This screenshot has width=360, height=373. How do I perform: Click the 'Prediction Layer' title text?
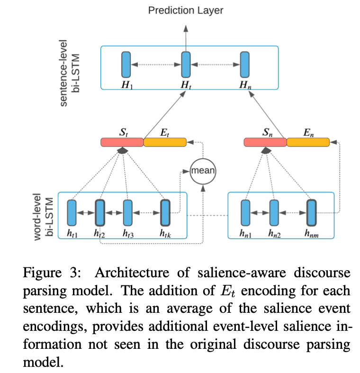tap(186, 10)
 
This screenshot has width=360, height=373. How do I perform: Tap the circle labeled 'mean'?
tap(203, 171)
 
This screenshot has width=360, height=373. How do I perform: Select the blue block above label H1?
tap(126, 64)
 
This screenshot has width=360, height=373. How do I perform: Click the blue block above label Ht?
tap(186, 64)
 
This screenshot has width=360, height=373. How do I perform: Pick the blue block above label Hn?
tap(245, 64)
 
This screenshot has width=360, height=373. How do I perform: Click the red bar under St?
tap(122, 142)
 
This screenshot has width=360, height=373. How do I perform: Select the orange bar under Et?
tap(165, 142)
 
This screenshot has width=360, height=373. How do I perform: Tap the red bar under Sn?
tap(265, 142)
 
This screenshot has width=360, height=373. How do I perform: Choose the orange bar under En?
tap(308, 142)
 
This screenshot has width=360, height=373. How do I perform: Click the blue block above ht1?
tap(72, 213)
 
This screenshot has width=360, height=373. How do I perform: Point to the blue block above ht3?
tap(128, 213)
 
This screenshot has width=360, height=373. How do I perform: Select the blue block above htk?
tap(165, 213)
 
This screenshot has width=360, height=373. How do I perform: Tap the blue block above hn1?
tap(246, 213)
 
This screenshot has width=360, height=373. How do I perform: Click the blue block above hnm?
tap(312, 213)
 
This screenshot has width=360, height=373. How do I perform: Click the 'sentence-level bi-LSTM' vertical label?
tap(69, 73)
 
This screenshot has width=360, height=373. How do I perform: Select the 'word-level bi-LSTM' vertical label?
tap(43, 217)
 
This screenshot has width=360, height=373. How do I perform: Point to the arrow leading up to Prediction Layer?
tap(186, 38)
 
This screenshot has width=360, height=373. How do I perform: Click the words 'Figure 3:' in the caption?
tap(52, 273)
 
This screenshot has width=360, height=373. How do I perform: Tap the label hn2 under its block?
tap(274, 233)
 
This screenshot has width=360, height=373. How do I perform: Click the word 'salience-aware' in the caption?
tap(242, 273)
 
